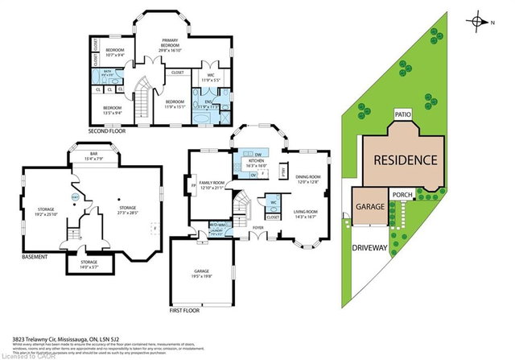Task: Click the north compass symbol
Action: pos(481,21)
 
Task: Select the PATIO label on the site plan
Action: pos(403,115)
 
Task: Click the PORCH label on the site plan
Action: pos(403,194)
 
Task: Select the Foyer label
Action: pos(257,228)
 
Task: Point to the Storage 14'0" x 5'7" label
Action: pos(89,263)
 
